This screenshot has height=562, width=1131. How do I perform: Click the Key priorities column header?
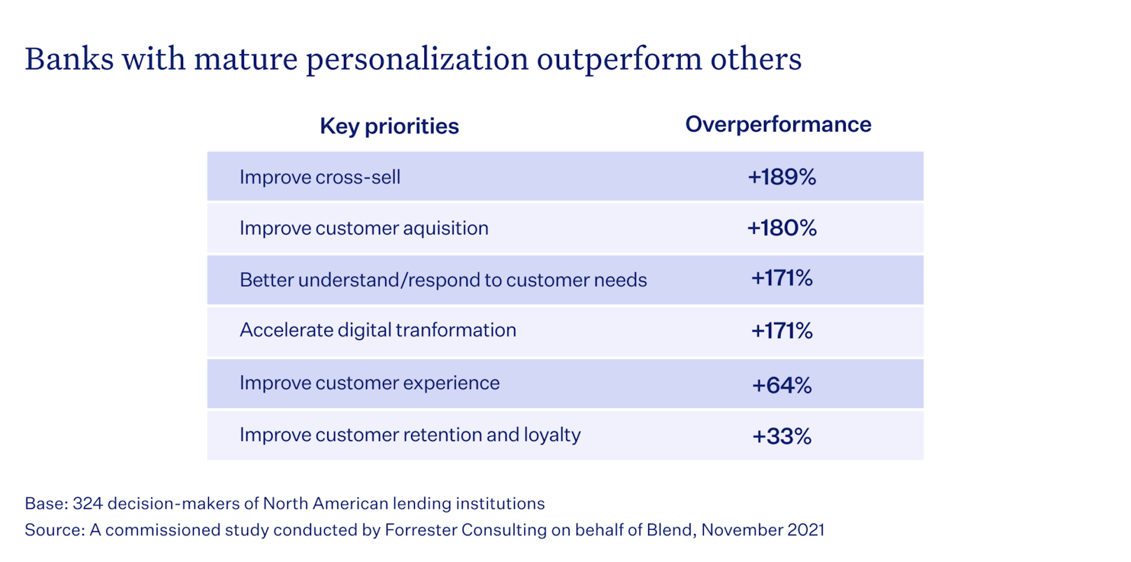pyautogui.click(x=389, y=126)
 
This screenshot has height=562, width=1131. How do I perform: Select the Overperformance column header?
pyautogui.click(x=778, y=124)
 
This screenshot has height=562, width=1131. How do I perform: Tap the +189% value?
pyautogui.click(x=781, y=177)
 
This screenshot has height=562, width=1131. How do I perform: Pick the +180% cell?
pyautogui.click(x=781, y=228)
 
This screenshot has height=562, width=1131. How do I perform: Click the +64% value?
pyautogui.click(x=781, y=385)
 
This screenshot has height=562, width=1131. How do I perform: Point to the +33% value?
pyautogui.click(x=781, y=436)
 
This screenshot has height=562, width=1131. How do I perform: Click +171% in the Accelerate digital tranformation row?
pyautogui.click(x=781, y=330)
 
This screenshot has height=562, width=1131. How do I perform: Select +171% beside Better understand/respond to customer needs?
pyautogui.click(x=781, y=279)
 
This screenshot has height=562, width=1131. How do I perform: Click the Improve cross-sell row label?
pyautogui.click(x=320, y=177)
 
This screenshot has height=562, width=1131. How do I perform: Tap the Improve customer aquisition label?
pyautogui.click(x=363, y=228)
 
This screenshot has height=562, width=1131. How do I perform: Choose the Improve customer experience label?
pyautogui.click(x=369, y=383)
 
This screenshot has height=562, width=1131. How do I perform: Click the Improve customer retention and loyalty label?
pyautogui.click(x=410, y=435)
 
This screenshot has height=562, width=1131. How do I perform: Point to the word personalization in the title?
pyautogui.click(x=417, y=59)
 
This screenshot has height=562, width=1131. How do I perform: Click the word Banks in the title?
pyautogui.click(x=69, y=59)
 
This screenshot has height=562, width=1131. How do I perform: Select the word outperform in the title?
pyautogui.click(x=619, y=59)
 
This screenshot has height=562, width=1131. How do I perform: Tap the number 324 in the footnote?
pyautogui.click(x=87, y=503)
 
